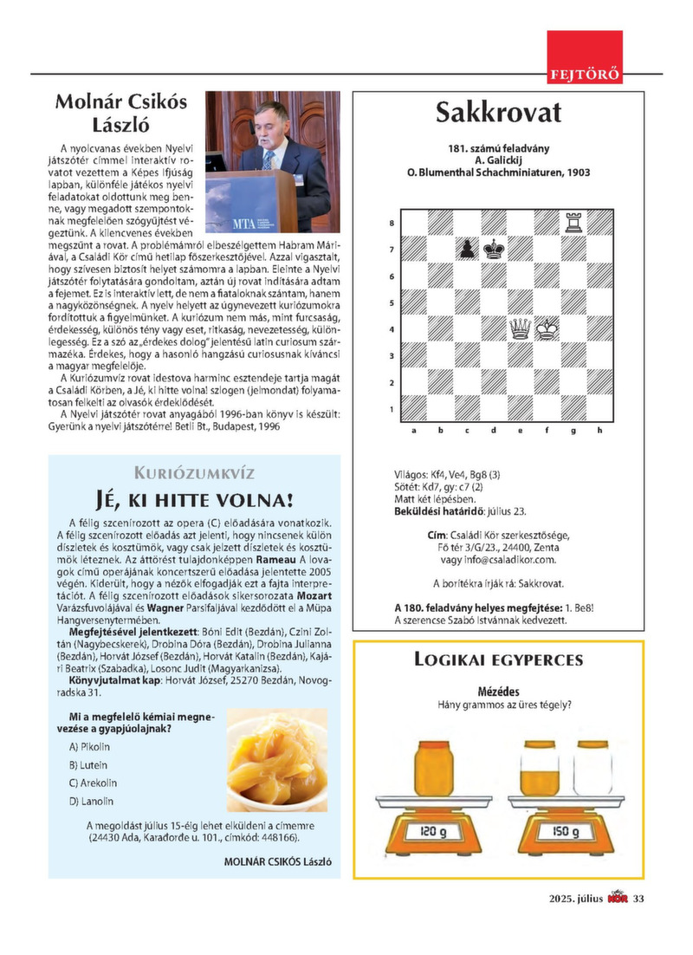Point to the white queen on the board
(x=521, y=328)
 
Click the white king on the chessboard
(x=547, y=328)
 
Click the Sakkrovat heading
(x=498, y=113)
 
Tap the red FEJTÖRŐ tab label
(x=585, y=74)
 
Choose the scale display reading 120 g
(x=433, y=832)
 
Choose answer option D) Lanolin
(x=91, y=801)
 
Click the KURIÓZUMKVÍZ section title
(x=194, y=472)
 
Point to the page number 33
(x=638, y=898)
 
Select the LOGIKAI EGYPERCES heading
(x=498, y=659)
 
